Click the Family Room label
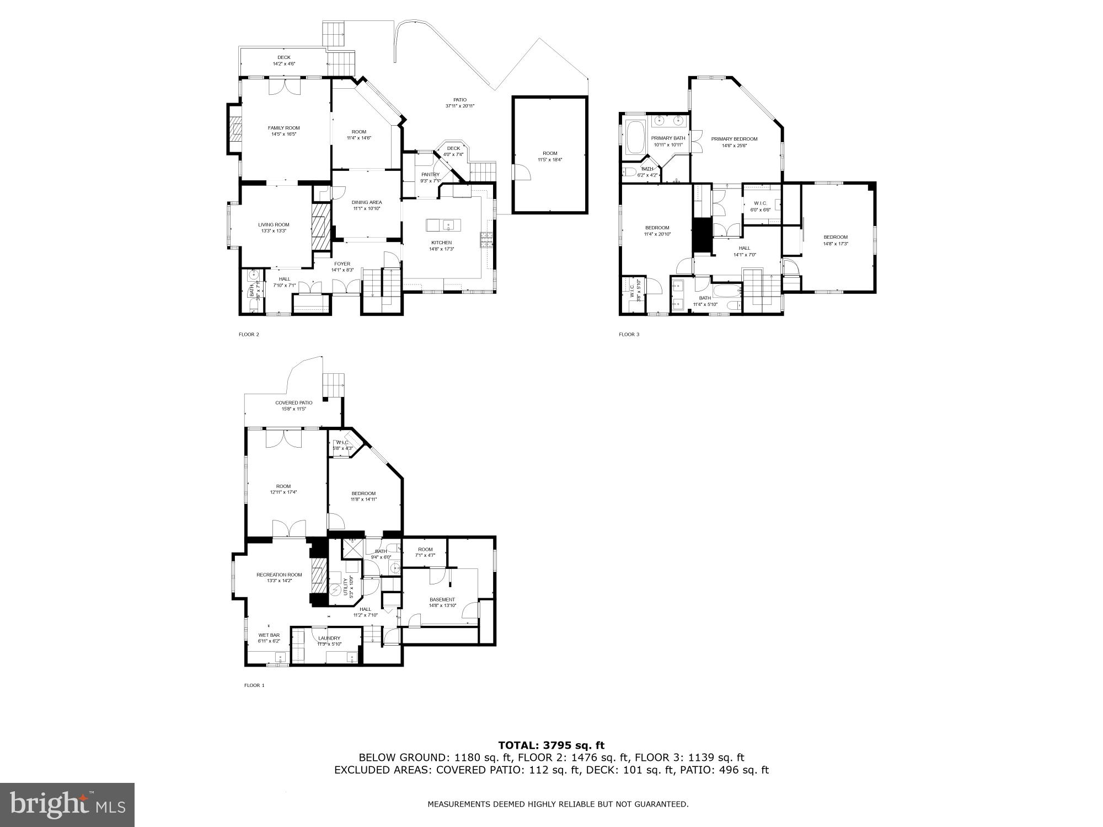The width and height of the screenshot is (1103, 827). pyautogui.click(x=284, y=128)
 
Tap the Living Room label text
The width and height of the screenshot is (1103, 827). pyautogui.click(x=274, y=225)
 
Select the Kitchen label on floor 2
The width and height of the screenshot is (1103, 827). pyautogui.click(x=441, y=243)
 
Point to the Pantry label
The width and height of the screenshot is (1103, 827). pyautogui.click(x=430, y=175)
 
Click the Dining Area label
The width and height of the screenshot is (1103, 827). pyautogui.click(x=367, y=202)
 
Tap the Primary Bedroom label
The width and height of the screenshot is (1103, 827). pyautogui.click(x=734, y=139)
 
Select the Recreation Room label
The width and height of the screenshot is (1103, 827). pyautogui.click(x=279, y=574)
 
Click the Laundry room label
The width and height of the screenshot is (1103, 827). pyautogui.click(x=329, y=638)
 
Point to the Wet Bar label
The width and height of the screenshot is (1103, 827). pyautogui.click(x=269, y=635)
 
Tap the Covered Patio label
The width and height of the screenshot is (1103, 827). pyautogui.click(x=294, y=403)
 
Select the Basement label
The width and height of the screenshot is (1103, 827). pyautogui.click(x=442, y=599)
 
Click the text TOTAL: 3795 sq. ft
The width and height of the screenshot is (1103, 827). pyautogui.click(x=551, y=745)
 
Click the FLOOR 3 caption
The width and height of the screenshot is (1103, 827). pyautogui.click(x=629, y=334)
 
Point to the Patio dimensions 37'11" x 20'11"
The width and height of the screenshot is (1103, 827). pyautogui.click(x=460, y=106)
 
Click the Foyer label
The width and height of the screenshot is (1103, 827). pyautogui.click(x=342, y=264)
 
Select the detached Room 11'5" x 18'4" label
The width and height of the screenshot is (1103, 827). pyautogui.click(x=550, y=153)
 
